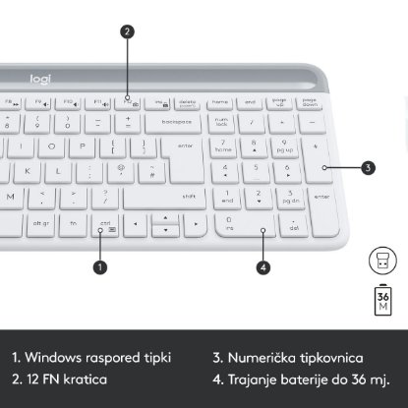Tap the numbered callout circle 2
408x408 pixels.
click(x=127, y=30)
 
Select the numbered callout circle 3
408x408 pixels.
click(x=368, y=168)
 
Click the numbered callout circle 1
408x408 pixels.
click(x=100, y=265)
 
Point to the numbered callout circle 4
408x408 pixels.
click(x=262, y=265)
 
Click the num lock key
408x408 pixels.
click(x=221, y=122)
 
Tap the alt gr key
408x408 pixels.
click(x=41, y=223)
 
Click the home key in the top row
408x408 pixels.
click(x=220, y=101)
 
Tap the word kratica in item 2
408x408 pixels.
click(x=85, y=379)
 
